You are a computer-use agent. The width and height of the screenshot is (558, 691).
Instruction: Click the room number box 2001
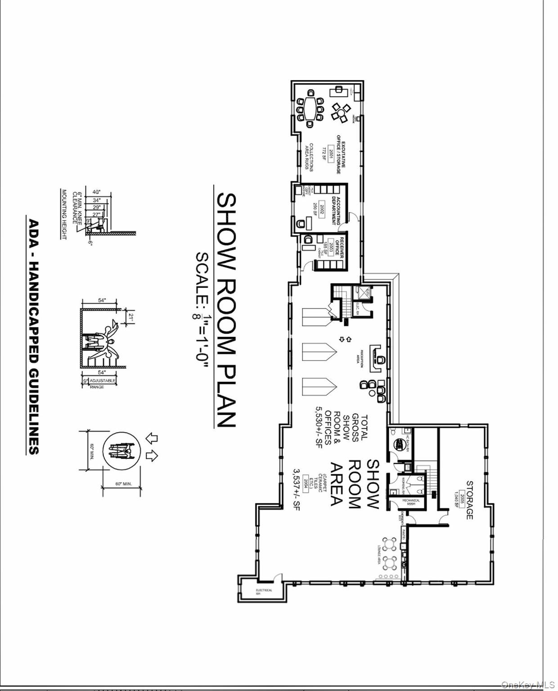tap(332, 155)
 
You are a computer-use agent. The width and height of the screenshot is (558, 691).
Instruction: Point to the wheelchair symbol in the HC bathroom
tap(399, 444)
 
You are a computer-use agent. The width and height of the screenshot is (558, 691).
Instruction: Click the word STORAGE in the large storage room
tap(469, 500)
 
